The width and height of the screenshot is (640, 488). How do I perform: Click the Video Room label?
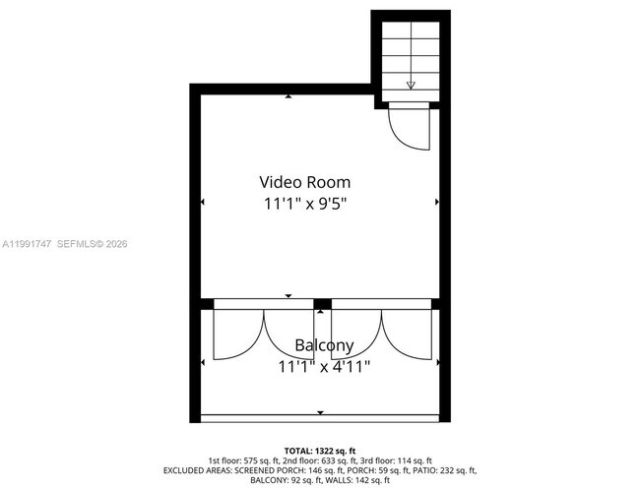click(304, 182)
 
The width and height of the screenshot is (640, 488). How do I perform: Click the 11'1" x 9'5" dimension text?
click(304, 205)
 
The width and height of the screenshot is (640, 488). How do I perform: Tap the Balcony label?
click(324, 346)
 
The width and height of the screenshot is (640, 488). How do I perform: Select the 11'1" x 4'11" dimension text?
click(324, 368)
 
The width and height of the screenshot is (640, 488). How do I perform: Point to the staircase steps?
click(411, 54)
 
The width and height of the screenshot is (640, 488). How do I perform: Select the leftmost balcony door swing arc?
click(236, 335)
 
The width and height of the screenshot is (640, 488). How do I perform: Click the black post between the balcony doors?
click(321, 303)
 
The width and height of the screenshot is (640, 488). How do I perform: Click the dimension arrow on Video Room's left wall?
click(202, 203)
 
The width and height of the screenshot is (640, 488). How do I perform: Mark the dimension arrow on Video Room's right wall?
click(437, 203)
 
